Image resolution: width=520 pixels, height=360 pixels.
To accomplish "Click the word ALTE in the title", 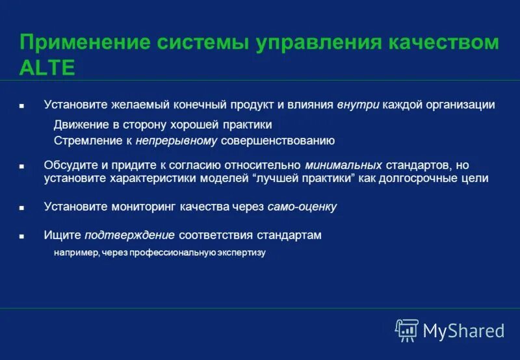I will (x=47, y=68).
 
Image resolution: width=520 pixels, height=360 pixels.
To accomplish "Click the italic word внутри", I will (x=358, y=105).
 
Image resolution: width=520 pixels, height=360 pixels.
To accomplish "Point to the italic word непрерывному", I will (x=177, y=140).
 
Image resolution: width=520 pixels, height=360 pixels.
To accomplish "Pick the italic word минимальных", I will (x=343, y=165).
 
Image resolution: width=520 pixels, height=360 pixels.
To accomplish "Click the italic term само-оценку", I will (x=302, y=207).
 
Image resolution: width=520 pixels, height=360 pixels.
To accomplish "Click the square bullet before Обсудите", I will (x=21, y=166).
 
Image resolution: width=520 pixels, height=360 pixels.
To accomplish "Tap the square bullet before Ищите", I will (x=21, y=237).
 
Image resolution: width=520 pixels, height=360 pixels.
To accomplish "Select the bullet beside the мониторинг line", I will (x=21, y=208).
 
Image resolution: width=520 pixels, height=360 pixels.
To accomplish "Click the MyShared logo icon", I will (x=407, y=331).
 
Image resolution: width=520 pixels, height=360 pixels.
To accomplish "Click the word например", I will (x=76, y=253).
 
